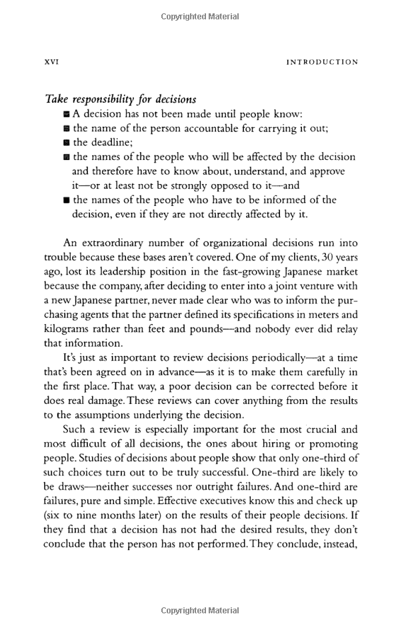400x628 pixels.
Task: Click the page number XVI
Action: (x=51, y=62)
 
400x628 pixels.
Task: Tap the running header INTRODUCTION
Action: (x=322, y=62)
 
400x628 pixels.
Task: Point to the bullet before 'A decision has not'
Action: (x=67, y=114)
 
